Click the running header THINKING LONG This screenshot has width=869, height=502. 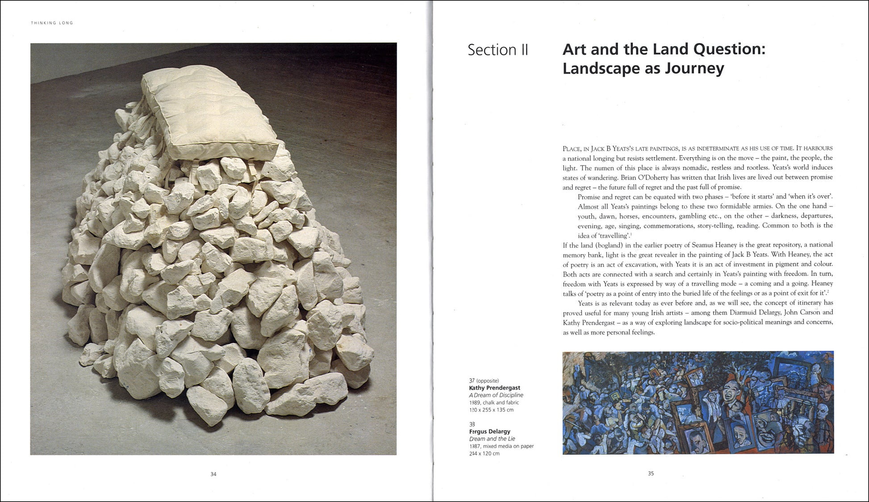coord(52,23)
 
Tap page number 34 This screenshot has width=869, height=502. coord(213,474)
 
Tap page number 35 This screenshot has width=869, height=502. coord(651,473)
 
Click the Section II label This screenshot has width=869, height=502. coord(497,50)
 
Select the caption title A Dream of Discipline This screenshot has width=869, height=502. coord(496,395)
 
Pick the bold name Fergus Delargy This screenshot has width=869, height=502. coord(489,431)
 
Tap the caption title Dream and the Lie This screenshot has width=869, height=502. coord(492,439)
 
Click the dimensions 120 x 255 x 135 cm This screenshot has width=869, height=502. coord(491,410)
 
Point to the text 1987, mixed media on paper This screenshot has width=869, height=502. coord(501,446)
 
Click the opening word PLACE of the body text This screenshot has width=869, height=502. coord(572,149)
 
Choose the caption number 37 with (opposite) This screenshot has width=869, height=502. coord(484,381)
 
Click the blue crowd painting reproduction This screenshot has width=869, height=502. coord(698,402)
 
